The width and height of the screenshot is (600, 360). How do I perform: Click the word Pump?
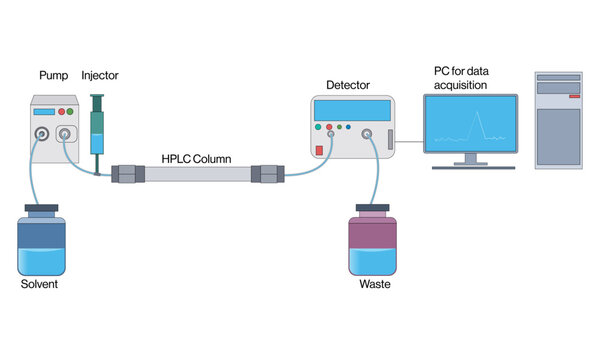[x=52, y=76]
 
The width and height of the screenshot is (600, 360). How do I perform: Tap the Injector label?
[x=99, y=76]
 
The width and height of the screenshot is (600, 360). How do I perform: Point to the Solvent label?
[x=40, y=285]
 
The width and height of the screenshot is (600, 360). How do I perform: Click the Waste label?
[x=374, y=285]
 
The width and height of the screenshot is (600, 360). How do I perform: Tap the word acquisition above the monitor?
[x=460, y=85]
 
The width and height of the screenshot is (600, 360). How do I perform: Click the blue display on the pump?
[x=43, y=111]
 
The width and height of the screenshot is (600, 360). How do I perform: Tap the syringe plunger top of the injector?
[x=97, y=97]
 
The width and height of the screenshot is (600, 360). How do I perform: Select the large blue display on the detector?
[x=350, y=110]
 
